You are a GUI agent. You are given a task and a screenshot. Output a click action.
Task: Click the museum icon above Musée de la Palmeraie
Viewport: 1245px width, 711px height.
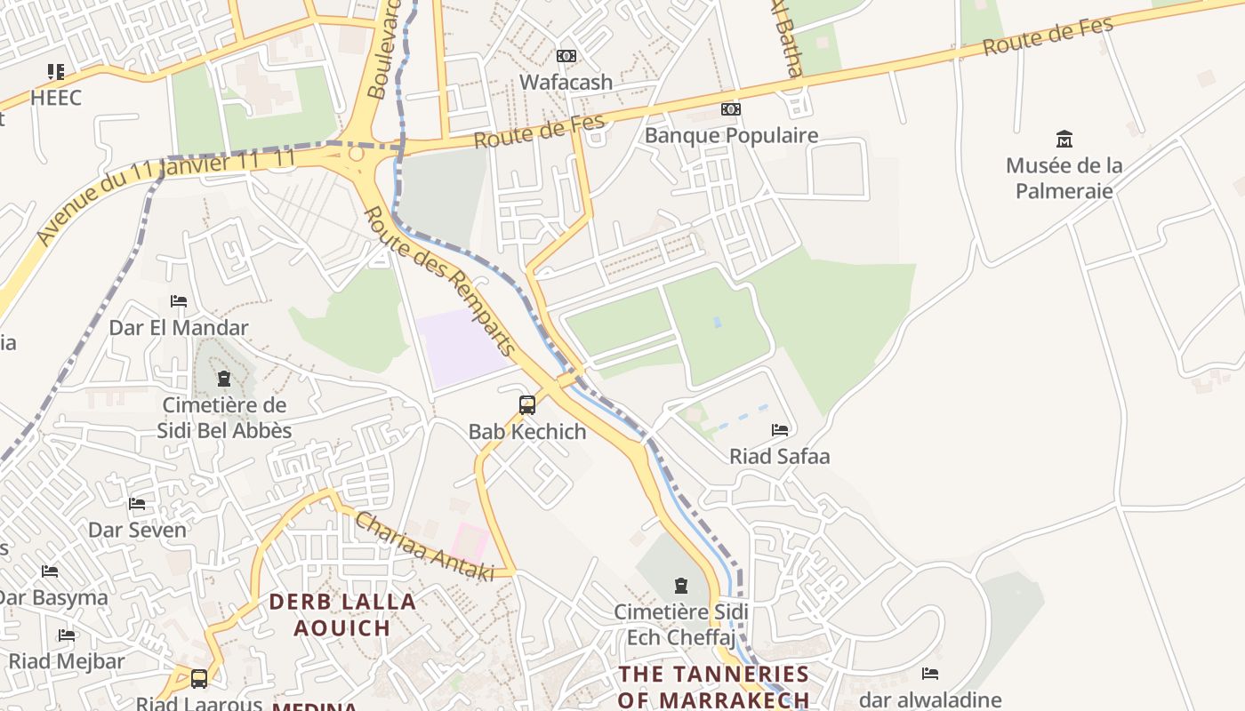[x=1064, y=139]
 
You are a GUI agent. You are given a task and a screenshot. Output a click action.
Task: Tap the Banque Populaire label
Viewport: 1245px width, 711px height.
[x=731, y=135]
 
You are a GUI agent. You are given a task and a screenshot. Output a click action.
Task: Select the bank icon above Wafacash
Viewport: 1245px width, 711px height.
[x=566, y=56]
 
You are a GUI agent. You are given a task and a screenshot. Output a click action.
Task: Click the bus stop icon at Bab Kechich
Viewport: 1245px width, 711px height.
[x=527, y=405]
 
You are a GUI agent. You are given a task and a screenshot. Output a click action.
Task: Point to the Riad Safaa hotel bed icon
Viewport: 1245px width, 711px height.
[x=780, y=430]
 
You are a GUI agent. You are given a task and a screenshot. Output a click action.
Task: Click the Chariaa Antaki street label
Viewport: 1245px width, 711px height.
[x=424, y=547]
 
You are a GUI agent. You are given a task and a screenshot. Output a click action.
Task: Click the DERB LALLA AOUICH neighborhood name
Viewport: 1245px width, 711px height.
[x=342, y=614]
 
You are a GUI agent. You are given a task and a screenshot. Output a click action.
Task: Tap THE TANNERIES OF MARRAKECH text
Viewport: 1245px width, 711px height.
[x=713, y=686]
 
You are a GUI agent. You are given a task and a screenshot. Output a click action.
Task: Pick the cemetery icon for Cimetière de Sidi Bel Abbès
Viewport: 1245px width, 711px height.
[x=223, y=379]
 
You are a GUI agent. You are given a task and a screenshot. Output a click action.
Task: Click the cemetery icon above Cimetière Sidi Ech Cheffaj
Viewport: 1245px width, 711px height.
[x=681, y=586]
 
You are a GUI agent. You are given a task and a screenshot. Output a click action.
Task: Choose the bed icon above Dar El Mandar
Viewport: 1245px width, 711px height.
[x=179, y=301]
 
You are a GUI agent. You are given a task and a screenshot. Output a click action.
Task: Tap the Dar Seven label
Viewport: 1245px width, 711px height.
[x=137, y=530]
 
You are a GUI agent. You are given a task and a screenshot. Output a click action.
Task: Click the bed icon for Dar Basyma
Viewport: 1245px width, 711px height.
[x=50, y=571]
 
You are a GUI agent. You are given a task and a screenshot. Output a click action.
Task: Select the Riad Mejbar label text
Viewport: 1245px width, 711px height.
[x=67, y=661]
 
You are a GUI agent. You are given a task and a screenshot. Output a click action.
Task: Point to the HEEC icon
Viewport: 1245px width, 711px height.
[x=56, y=71]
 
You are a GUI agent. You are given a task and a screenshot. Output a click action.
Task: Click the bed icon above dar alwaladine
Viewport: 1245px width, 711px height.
[x=930, y=674]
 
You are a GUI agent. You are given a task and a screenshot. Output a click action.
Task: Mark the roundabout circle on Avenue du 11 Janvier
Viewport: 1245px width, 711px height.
[x=357, y=154]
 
